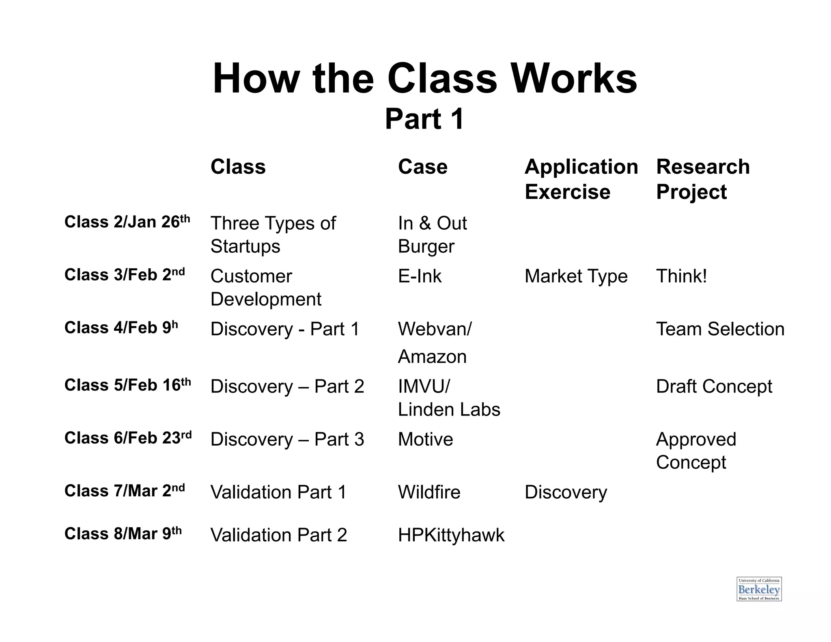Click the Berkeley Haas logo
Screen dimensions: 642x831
[759, 589]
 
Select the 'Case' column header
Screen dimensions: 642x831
[422, 167]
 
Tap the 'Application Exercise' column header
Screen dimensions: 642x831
[581, 179]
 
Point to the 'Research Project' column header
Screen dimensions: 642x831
[702, 179]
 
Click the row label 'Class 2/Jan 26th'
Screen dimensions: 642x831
[127, 222]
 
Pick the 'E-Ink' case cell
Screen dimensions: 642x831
[420, 276]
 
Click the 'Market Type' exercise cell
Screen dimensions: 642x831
[576, 276]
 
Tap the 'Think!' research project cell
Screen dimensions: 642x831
[681, 276]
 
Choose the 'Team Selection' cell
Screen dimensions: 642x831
[720, 329]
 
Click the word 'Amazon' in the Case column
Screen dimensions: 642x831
[432, 357]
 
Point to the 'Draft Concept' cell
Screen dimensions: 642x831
[714, 386]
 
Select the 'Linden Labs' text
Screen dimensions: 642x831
[449, 409]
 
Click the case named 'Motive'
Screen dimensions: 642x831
[425, 439]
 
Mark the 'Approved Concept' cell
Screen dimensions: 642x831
[695, 451]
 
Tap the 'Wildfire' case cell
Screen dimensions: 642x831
[429, 492]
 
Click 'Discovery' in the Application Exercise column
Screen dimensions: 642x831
[566, 492]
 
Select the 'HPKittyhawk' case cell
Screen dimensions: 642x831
[451, 535]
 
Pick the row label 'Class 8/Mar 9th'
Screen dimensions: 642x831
[123, 534]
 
